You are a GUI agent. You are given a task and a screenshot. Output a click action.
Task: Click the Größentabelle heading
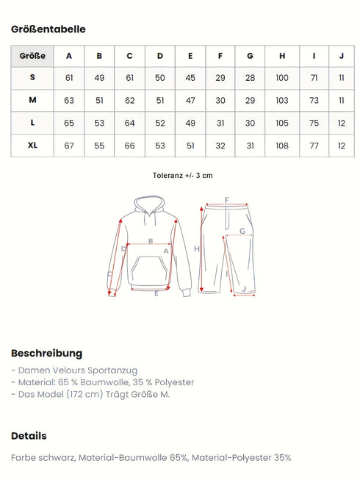point(48,29)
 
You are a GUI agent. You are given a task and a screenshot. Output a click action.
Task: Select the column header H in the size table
point(282,55)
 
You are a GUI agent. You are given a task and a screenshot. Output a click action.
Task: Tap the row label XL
point(32,146)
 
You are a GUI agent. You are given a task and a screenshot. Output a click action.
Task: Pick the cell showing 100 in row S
point(282,78)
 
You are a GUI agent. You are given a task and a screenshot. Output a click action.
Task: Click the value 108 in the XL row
point(282,146)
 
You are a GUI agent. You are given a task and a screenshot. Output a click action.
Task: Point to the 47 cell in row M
point(190,100)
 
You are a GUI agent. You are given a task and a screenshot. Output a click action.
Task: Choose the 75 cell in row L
point(314,123)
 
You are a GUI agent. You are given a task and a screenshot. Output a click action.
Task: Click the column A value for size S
point(69,78)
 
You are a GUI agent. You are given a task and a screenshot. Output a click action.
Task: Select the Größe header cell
point(32,55)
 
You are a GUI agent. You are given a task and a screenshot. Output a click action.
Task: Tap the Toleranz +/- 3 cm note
point(183,176)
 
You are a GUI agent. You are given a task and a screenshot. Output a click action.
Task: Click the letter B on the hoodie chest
point(150,240)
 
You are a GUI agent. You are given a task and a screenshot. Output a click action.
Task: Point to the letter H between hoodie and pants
point(197,249)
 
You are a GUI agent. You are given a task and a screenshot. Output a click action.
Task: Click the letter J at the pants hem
point(243,289)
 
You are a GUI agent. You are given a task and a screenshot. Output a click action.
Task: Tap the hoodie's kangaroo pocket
point(150,272)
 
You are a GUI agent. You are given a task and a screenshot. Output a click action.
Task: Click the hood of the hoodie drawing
point(151,206)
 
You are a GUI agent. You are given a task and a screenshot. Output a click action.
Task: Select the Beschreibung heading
point(46,353)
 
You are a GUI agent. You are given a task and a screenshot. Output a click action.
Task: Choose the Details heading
point(29,436)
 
